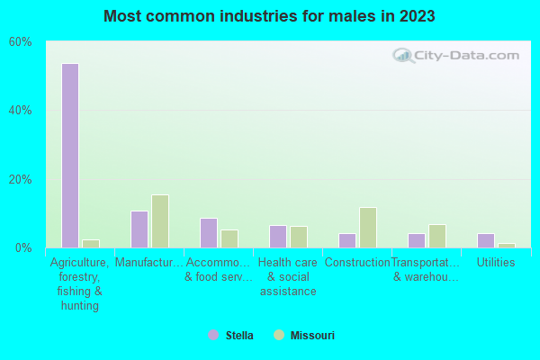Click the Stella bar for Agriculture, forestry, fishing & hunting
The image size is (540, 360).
[70, 156]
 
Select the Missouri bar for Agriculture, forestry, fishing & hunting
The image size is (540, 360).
[91, 243]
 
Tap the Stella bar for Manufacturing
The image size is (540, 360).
[139, 229]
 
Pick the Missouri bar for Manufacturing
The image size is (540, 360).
[160, 221]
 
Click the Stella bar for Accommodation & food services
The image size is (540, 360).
[209, 233]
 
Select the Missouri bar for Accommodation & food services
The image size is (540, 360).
[229, 238]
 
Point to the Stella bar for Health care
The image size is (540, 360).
[278, 237]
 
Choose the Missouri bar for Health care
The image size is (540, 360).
[299, 237]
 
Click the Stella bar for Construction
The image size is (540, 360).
[347, 240]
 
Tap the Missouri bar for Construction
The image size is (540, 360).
[368, 228]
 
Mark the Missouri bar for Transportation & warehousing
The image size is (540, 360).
[437, 236]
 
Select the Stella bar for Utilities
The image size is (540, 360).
[486, 240]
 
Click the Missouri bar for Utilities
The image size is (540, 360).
[507, 245]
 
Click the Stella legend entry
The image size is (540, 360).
[230, 336]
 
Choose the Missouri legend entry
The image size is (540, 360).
[304, 336]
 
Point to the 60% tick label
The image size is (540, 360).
[21, 42]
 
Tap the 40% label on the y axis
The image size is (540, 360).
[21, 111]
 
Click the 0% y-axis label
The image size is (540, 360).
[23, 247]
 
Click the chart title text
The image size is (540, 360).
[269, 16]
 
